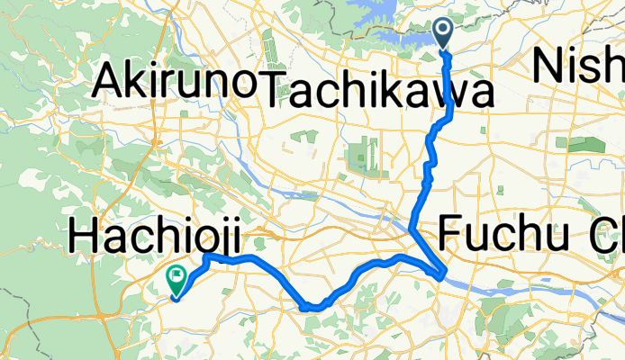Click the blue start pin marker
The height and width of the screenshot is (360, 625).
click(x=446, y=32)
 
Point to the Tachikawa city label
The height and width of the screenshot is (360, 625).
click(x=379, y=90)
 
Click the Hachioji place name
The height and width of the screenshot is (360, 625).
click(x=155, y=240)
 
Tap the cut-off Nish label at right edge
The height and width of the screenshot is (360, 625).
click(x=579, y=65)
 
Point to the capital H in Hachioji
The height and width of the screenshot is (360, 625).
click(x=83, y=240)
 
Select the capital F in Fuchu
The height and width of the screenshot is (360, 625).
click(x=452, y=236)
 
